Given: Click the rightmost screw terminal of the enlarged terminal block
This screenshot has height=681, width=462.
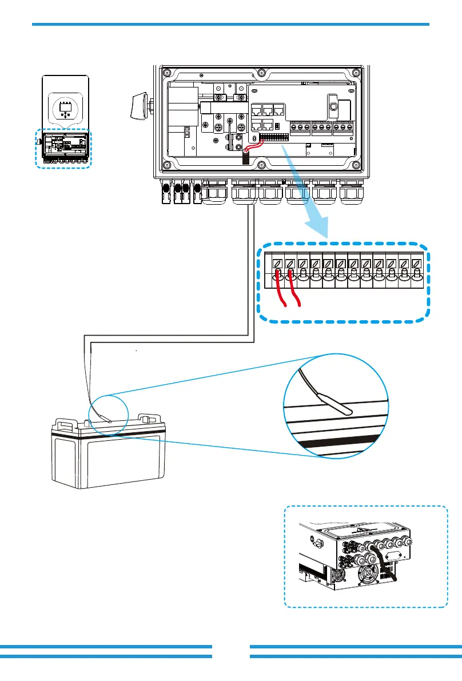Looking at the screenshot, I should click(x=416, y=264).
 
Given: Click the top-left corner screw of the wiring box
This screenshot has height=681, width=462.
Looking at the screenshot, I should click(x=167, y=73).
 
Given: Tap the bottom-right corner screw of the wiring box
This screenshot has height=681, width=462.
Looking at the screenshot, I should click(x=357, y=165).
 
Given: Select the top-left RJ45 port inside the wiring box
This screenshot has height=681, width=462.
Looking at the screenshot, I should click(x=256, y=109).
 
